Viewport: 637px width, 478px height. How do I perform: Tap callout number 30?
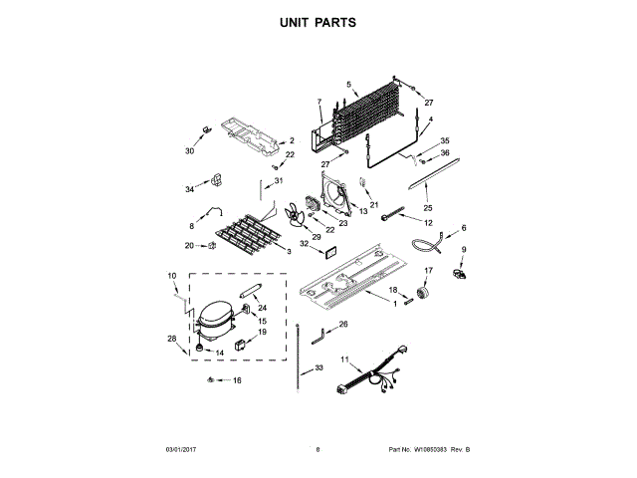click(x=189, y=151)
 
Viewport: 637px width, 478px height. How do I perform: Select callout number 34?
click(x=189, y=189)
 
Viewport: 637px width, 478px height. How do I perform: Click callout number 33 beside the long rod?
click(x=319, y=368)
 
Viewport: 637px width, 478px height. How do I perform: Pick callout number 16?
click(x=237, y=380)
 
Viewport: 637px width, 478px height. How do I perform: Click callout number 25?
click(x=428, y=208)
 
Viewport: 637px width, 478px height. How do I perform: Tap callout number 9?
click(x=463, y=249)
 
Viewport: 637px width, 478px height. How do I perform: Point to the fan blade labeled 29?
click(x=295, y=218)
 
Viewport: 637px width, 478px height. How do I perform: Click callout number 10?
click(x=171, y=276)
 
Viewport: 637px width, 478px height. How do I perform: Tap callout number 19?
click(x=263, y=333)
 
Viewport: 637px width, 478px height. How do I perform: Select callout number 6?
click(x=463, y=229)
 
